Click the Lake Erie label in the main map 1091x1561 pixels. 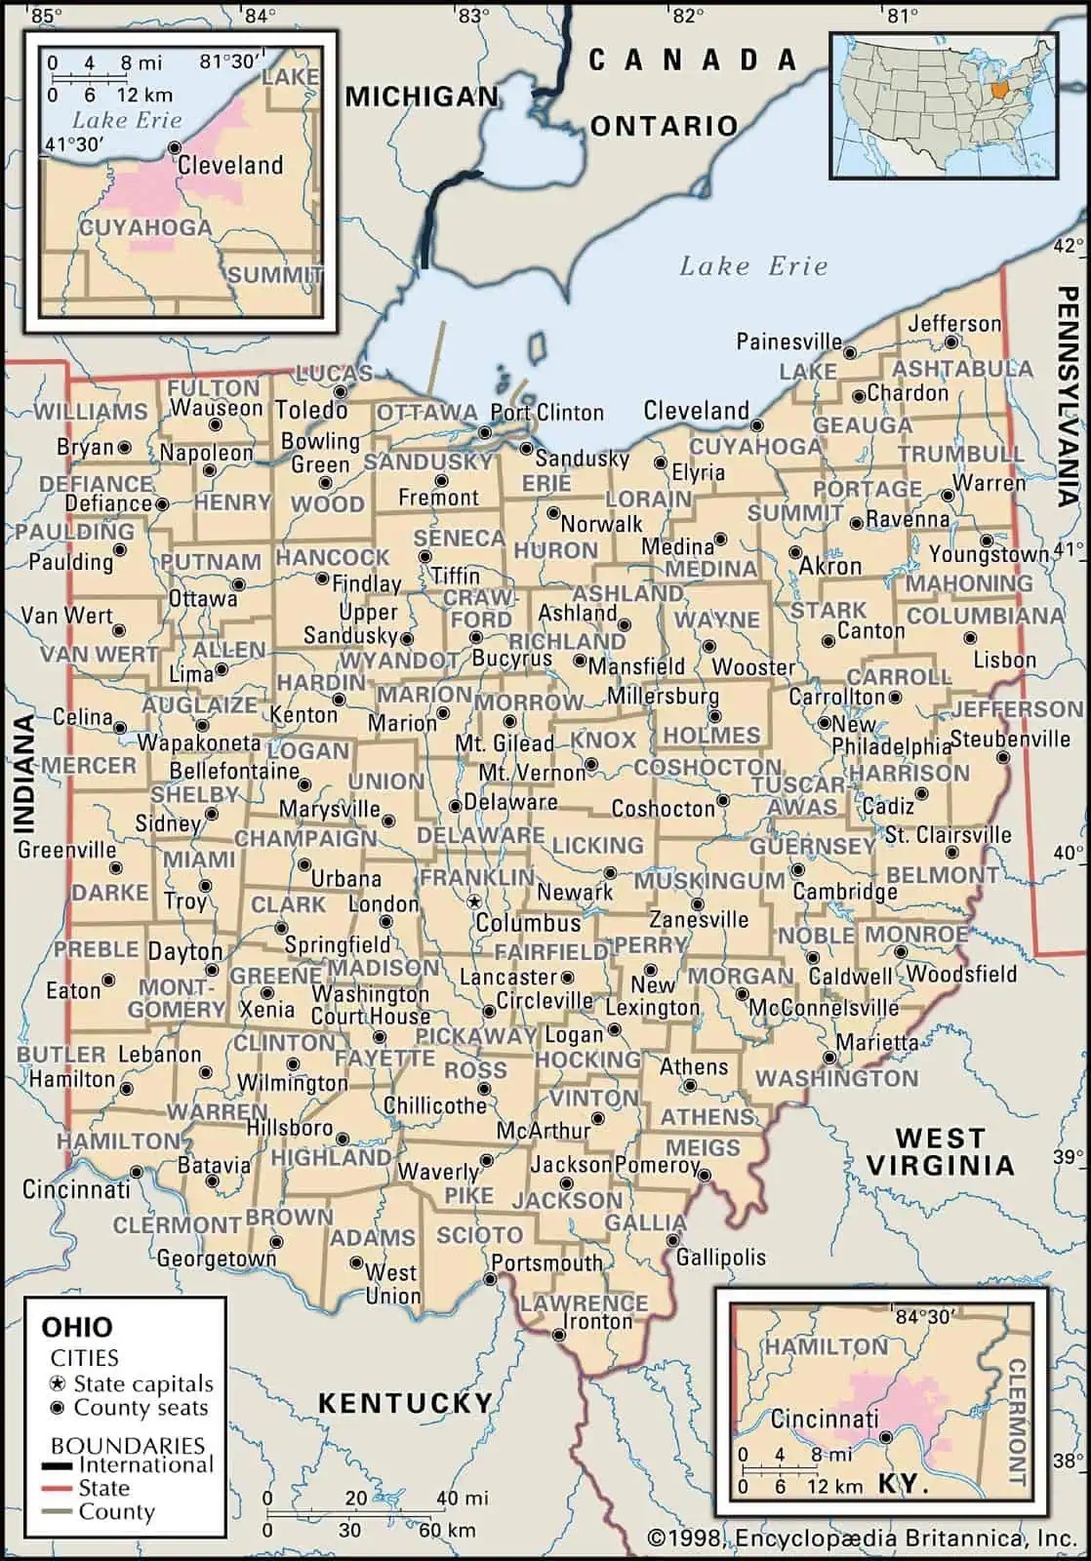(x=752, y=265)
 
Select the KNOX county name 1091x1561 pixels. (x=603, y=740)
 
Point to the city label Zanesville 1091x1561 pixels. (x=699, y=919)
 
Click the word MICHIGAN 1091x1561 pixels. (x=422, y=97)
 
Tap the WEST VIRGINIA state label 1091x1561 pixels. (x=941, y=1151)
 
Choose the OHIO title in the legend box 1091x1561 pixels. (x=76, y=1327)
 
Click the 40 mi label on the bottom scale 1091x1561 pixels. (x=462, y=1498)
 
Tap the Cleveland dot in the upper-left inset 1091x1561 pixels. (x=174, y=147)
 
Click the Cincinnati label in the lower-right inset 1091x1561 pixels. (x=825, y=1419)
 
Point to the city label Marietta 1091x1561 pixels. (x=876, y=1042)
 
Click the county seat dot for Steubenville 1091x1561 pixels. (x=1002, y=757)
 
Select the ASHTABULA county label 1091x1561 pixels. (x=961, y=369)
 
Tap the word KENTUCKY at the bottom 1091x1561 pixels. (x=405, y=1403)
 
